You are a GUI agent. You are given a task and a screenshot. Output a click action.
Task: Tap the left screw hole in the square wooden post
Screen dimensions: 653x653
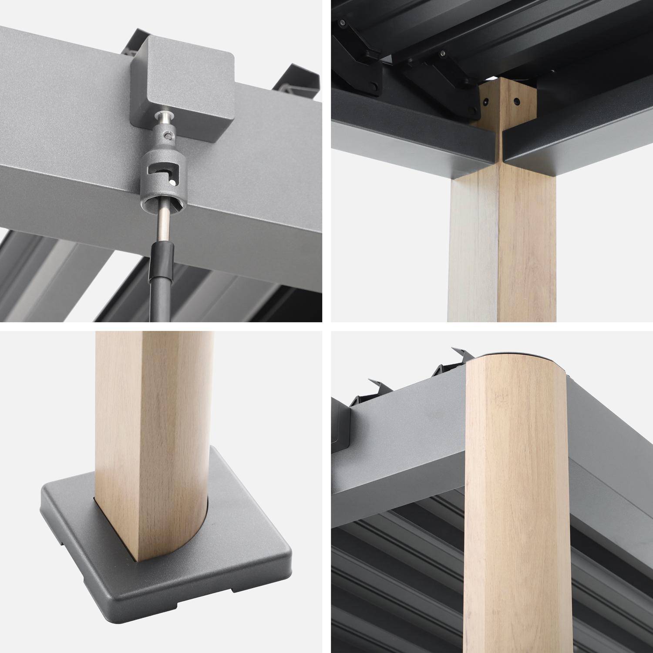coord(485,102)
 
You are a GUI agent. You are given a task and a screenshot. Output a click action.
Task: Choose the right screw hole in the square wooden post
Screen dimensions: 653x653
coord(516,101)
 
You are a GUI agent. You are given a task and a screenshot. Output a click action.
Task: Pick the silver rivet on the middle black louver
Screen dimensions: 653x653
coord(442,54)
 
